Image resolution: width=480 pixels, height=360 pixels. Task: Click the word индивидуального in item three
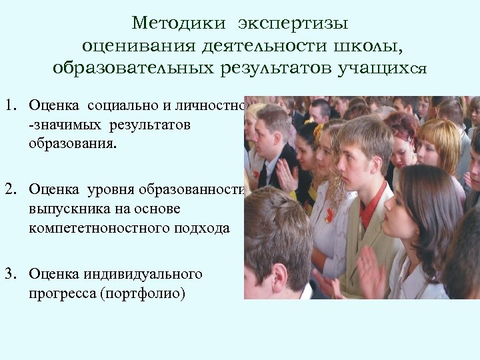coord(143,274)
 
